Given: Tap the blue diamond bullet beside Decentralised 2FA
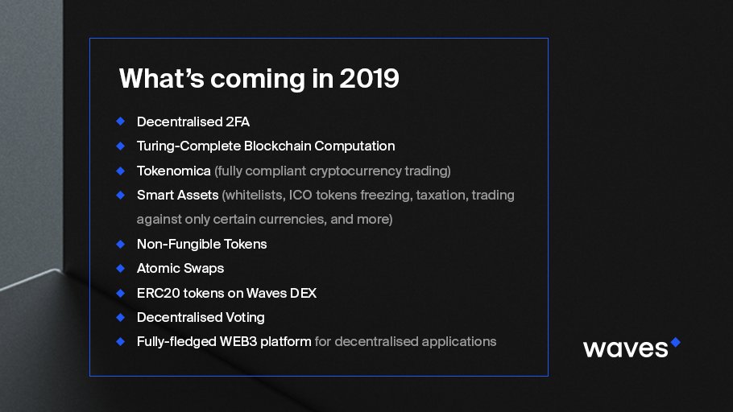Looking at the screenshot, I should coord(120,122).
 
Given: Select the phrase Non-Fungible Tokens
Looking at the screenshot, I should coord(201,244).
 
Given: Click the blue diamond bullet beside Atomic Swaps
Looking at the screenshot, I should coord(120,268).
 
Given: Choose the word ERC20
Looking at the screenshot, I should coord(156,293).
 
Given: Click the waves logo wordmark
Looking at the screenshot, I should coord(625,348).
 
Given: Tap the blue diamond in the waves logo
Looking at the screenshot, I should coord(675,342).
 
